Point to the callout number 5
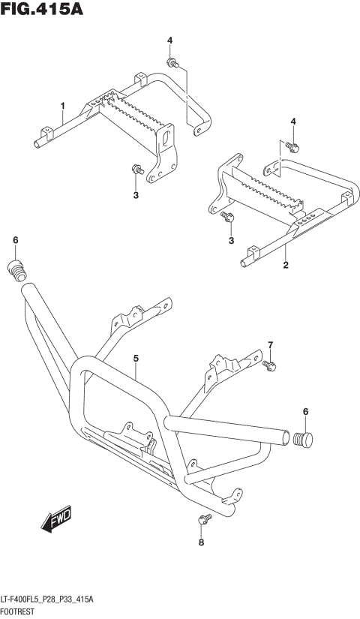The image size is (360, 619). click(x=136, y=359)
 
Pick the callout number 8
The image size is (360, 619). click(x=201, y=542)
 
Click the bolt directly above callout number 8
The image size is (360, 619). click(x=201, y=520)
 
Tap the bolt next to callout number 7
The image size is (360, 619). click(x=271, y=365)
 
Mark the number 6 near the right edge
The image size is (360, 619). click(x=306, y=410)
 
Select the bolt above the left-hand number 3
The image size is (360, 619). click(x=136, y=169)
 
